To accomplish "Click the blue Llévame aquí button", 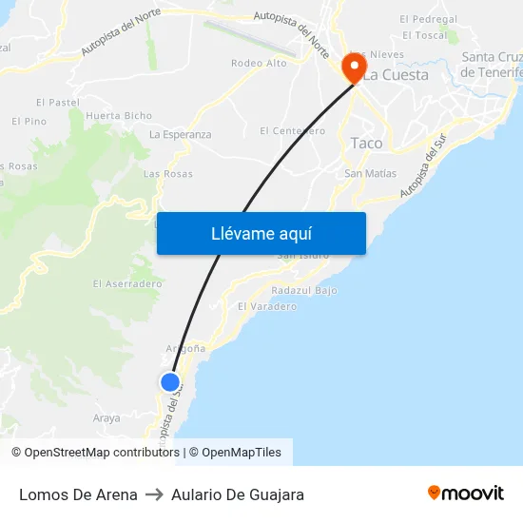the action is pyautogui.click(x=261, y=233).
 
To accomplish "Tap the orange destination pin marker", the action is pyautogui.click(x=354, y=67).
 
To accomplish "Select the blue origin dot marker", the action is pyautogui.click(x=170, y=382).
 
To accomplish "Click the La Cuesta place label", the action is pyautogui.click(x=397, y=74).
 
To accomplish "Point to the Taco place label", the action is pyautogui.click(x=366, y=143).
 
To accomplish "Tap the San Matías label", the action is pyautogui.click(x=371, y=173).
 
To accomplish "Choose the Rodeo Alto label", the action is pyautogui.click(x=259, y=63).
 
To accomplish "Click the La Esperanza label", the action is pyautogui.click(x=181, y=134).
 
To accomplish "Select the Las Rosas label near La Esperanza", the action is pyautogui.click(x=167, y=174).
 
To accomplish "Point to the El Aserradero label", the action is pyautogui.click(x=127, y=283).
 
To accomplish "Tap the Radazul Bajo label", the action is pyautogui.click(x=304, y=290).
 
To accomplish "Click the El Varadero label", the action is pyautogui.click(x=267, y=306).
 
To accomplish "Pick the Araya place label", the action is pyautogui.click(x=107, y=417).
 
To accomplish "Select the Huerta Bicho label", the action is pyautogui.click(x=119, y=116).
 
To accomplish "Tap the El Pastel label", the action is pyautogui.click(x=57, y=102).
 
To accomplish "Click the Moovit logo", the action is pyautogui.click(x=466, y=494).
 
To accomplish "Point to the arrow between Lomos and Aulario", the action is pyautogui.click(x=154, y=494).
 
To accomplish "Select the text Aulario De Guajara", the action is pyautogui.click(x=238, y=494).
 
